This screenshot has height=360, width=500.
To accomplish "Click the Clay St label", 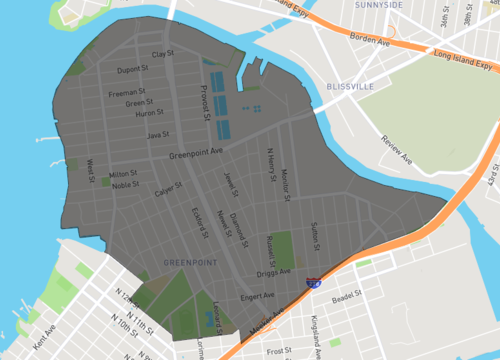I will click(162, 53).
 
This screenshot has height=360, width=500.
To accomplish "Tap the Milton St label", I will click(123, 173).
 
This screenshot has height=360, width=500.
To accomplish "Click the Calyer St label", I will click(168, 190).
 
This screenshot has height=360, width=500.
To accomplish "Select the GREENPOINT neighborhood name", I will click(190, 262).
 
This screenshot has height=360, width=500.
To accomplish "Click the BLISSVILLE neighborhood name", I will click(350, 87).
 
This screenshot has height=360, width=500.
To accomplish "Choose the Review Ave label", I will click(393, 149).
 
